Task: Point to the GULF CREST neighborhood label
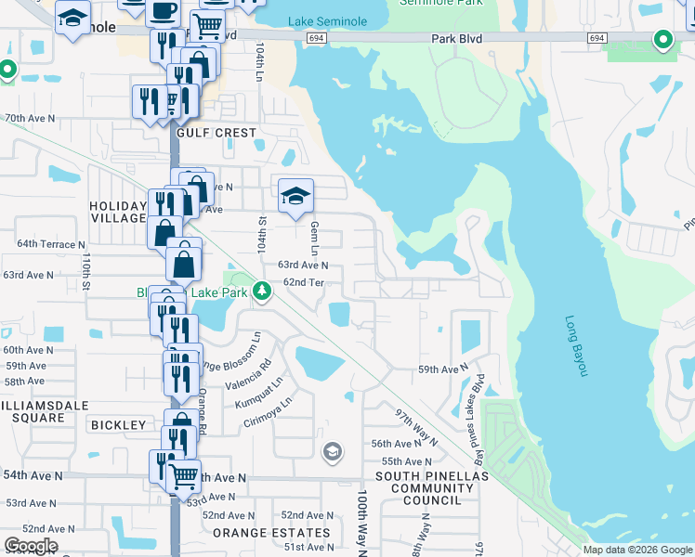tap(216, 133)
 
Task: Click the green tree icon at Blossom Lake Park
tap(263, 291)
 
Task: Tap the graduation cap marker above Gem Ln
tap(295, 196)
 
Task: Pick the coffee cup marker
tap(164, 11)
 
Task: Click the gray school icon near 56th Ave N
tap(332, 452)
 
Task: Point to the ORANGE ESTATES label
tap(271, 533)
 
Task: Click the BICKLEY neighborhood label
tap(119, 424)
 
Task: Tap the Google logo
tap(31, 546)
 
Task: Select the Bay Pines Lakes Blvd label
tap(479, 407)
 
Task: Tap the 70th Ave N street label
tap(31, 119)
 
